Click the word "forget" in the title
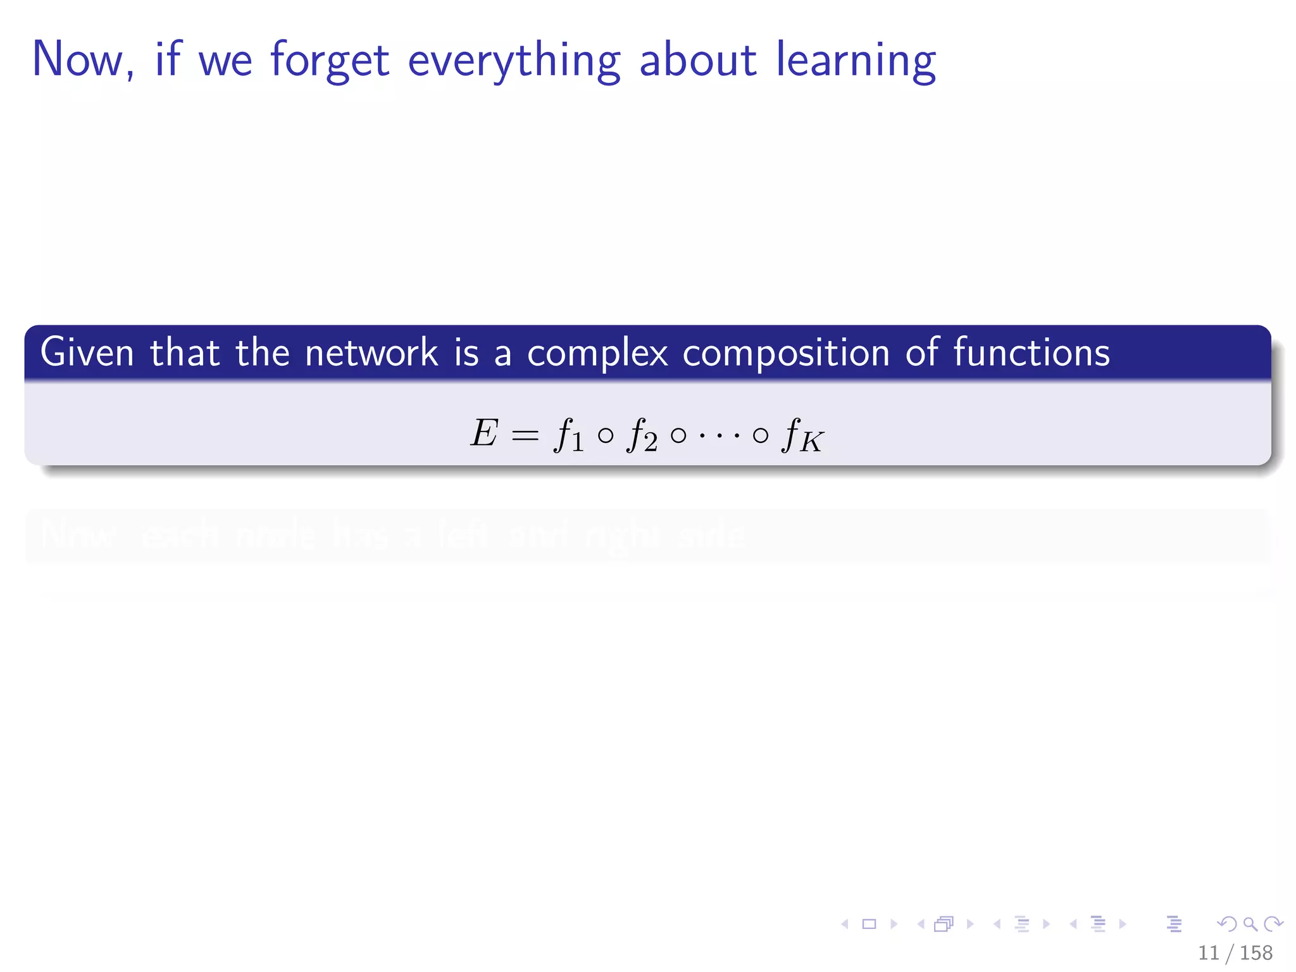click(329, 61)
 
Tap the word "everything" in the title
click(514, 61)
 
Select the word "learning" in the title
click(856, 61)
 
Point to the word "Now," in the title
click(83, 59)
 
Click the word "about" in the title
click(697, 59)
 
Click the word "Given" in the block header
click(87, 352)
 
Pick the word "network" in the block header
click(371, 352)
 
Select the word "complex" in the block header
click(597, 354)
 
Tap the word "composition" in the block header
click(786, 354)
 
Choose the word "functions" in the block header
click(1031, 352)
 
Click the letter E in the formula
click(484, 434)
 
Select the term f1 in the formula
click(568, 435)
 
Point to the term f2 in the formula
click(641, 435)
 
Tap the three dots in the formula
click(720, 435)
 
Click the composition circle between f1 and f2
click(606, 435)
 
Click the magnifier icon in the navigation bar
click(1250, 924)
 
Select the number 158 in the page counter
click(1255, 952)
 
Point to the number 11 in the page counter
click(1208, 952)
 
